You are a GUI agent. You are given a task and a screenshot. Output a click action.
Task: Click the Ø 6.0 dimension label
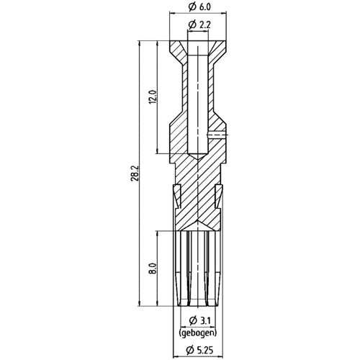click(199, 7)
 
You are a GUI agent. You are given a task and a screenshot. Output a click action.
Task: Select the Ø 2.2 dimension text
click(199, 24)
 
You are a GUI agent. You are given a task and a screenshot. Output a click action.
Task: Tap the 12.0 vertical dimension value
click(153, 97)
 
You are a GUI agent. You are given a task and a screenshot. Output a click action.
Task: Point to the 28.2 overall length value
click(134, 173)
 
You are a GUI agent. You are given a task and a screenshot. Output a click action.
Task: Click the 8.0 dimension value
click(153, 268)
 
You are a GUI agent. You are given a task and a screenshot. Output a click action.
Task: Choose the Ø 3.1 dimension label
click(199, 320)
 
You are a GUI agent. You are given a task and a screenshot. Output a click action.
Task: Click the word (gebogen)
click(198, 333)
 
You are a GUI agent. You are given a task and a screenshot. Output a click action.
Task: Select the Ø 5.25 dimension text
click(199, 350)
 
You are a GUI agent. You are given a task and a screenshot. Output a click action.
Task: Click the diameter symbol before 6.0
click(192, 7)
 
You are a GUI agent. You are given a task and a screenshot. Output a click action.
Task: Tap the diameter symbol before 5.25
click(190, 350)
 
